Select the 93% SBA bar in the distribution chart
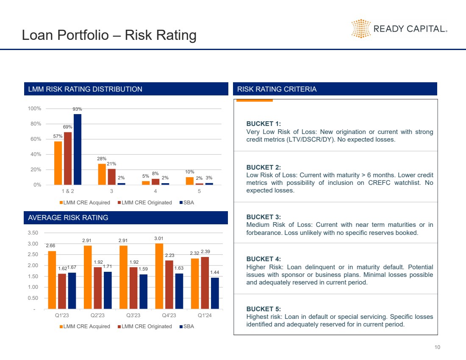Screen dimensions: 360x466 [x=78, y=149]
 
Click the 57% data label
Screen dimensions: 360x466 [x=58, y=136]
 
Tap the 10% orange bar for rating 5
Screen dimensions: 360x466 [x=189, y=181]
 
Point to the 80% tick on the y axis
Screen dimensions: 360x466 [x=35, y=124]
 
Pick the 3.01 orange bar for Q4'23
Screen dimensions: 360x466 [x=159, y=276]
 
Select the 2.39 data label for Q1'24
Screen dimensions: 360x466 [x=205, y=252]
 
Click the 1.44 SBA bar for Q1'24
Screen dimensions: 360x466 [x=215, y=293]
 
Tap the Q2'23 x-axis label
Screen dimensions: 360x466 [x=98, y=316]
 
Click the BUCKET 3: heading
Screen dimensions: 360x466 [x=263, y=217]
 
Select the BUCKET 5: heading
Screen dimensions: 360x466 [x=263, y=309]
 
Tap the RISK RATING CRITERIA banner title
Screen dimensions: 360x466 [x=277, y=89]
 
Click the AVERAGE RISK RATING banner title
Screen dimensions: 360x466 [x=68, y=218]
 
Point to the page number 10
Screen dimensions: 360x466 [x=437, y=348]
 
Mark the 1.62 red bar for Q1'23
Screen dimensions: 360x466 [x=62, y=291]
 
